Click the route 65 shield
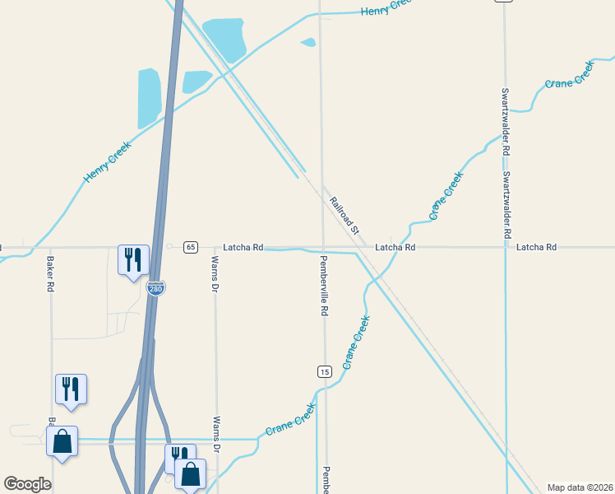point(191,247)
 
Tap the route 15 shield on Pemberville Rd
point(325,372)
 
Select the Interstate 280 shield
point(155,289)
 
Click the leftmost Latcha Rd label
point(243,247)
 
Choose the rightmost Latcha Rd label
point(536,247)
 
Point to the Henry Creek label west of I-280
point(107,161)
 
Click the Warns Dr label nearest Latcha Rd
point(215,275)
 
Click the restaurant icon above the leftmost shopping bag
point(71,389)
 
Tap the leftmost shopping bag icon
point(62,442)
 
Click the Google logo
point(27,484)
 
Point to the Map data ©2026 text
point(580,487)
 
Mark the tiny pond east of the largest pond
point(308,42)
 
